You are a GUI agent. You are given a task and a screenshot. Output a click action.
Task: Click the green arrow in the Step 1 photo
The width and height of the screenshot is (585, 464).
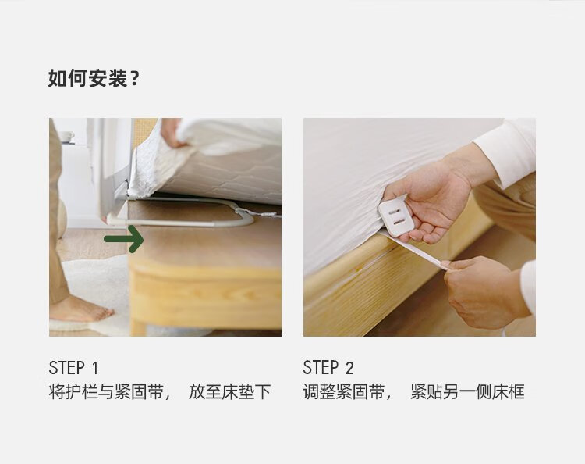pos(124,239)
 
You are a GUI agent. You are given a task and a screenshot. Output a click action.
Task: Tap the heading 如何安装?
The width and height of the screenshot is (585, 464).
pos(94,78)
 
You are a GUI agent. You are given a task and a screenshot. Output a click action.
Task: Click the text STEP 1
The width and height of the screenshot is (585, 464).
pos(73,368)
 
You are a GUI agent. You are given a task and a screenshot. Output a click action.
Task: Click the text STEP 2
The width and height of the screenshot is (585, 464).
pos(328,368)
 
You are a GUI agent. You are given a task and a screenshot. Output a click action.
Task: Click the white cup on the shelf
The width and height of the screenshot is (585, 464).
pos(66,137)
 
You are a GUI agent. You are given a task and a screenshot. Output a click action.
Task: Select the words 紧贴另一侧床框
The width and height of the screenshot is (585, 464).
pos(467,392)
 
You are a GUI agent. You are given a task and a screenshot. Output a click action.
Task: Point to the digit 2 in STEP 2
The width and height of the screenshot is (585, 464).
pos(349,368)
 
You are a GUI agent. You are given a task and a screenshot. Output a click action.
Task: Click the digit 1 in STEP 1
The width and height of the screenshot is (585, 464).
pos(94,368)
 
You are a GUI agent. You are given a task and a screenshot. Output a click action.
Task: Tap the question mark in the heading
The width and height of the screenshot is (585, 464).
pos(135,79)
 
